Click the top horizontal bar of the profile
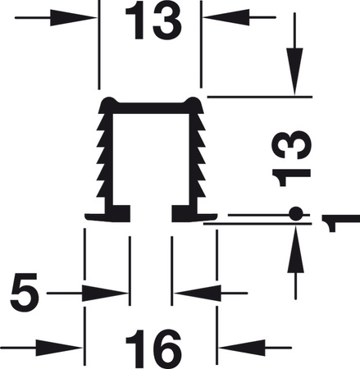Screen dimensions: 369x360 pyautogui.click(x=151, y=104)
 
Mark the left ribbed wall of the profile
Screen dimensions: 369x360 pyautogui.click(x=104, y=156)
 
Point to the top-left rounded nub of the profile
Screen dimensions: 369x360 pyautogui.click(x=107, y=102)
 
